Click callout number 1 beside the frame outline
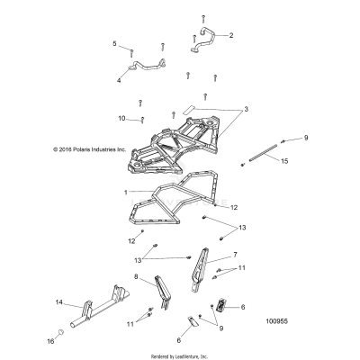126,193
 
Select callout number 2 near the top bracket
230,36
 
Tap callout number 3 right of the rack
245,109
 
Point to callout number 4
118,80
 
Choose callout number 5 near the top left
114,44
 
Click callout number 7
235,255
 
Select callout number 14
59,302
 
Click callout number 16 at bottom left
50,342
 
